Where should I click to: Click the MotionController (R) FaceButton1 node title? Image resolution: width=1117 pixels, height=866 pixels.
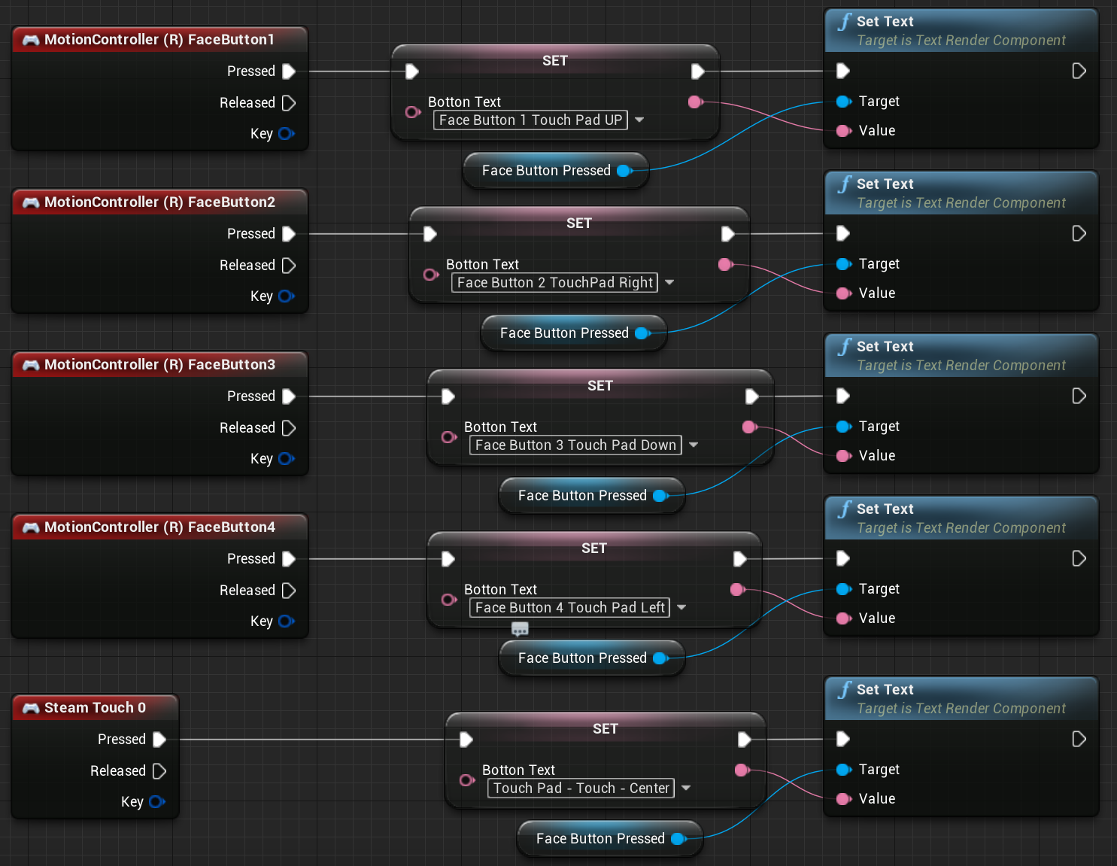point(159,40)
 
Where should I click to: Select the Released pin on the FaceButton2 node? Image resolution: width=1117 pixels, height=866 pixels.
point(289,265)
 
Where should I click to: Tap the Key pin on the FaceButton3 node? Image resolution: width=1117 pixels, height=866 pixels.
point(287,458)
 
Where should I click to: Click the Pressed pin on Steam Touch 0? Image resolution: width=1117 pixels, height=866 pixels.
point(159,739)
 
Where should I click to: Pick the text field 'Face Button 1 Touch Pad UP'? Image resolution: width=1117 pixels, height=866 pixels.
point(530,120)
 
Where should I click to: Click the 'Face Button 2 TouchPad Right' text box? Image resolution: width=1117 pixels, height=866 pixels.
point(554,283)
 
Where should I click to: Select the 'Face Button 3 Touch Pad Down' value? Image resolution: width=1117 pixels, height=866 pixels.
point(575,445)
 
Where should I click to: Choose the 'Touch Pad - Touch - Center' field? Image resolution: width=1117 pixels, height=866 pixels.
point(581,788)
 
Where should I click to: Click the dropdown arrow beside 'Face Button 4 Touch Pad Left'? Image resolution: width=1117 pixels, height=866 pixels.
point(681,607)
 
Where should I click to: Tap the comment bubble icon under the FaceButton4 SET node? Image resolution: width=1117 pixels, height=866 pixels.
point(520,628)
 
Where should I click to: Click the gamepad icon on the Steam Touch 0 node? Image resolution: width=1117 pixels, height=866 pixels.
point(31,708)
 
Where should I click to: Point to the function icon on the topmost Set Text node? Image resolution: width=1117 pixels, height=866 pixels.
point(844,22)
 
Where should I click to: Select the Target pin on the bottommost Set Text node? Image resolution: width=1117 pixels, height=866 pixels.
point(843,770)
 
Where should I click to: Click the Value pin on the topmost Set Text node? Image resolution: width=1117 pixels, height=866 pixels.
point(843,131)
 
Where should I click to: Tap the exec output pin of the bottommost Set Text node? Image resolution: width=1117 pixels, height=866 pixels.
point(1079,739)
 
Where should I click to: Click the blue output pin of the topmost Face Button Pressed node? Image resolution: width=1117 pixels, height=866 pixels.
point(624,171)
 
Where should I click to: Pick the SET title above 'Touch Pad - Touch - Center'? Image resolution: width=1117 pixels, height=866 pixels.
point(605,729)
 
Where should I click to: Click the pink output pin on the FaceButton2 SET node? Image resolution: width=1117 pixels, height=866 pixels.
point(725,265)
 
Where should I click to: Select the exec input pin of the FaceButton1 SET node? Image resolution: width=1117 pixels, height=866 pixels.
point(411,71)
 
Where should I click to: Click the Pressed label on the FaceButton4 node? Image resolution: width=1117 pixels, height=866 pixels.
point(250,559)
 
